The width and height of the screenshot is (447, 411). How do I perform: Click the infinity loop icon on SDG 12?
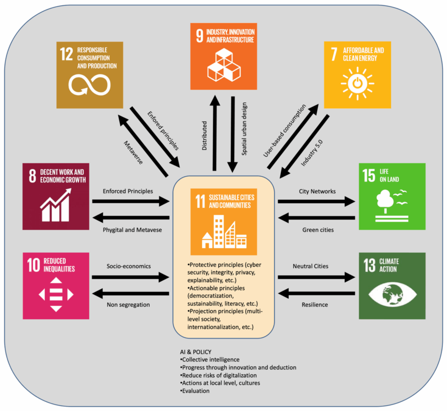pyautogui.click(x=89, y=85)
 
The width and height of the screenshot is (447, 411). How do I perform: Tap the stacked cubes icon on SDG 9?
pyautogui.click(x=224, y=65)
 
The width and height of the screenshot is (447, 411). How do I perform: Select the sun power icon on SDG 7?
pyautogui.click(x=358, y=83)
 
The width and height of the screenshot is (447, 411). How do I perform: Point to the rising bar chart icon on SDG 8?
pyautogui.click(x=55, y=205)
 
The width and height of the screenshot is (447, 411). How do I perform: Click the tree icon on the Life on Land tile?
pyautogui.click(x=385, y=202)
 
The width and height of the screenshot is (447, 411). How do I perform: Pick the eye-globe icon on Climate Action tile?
pyautogui.click(x=392, y=294)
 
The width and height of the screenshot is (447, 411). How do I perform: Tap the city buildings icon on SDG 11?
pyautogui.click(x=224, y=231)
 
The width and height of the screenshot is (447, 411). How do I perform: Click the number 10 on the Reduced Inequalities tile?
pyautogui.click(x=34, y=265)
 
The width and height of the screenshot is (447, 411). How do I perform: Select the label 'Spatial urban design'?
pyautogui.click(x=244, y=129)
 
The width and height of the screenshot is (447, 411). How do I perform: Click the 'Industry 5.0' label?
pyautogui.click(x=312, y=153)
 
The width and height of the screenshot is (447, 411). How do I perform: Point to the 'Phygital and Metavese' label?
pyautogui.click(x=132, y=230)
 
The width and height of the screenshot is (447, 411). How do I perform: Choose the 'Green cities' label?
pyautogui.click(x=318, y=230)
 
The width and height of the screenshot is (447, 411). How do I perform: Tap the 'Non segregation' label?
pyautogui.click(x=128, y=304)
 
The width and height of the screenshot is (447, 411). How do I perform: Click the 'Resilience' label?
pyautogui.click(x=315, y=304)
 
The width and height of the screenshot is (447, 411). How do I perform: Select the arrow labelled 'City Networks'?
pyautogui.click(x=316, y=201)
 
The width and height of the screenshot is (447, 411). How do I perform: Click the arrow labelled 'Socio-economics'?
pyautogui.click(x=131, y=277)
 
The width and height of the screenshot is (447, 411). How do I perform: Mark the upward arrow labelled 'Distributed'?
pyautogui.click(x=215, y=133)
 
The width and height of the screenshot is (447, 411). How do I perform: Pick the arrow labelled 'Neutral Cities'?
pyautogui.click(x=316, y=277)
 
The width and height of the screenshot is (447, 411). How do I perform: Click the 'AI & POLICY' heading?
pyautogui.click(x=196, y=352)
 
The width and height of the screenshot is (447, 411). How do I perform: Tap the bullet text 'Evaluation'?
pyautogui.click(x=195, y=391)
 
